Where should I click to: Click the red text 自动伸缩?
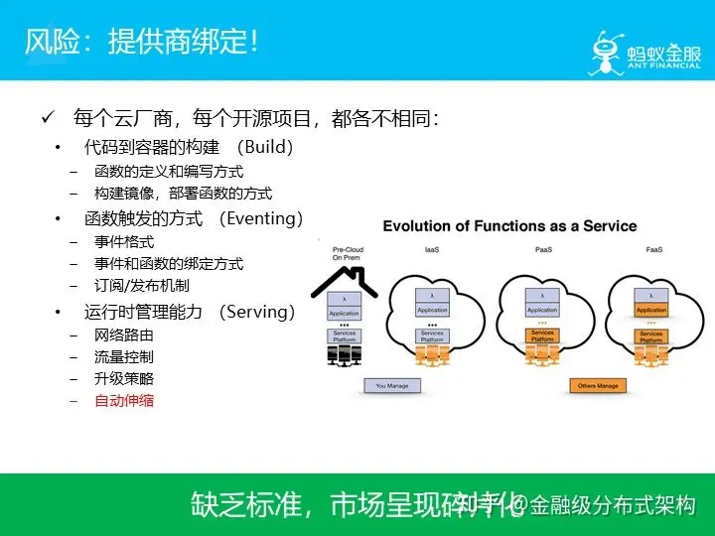[x=124, y=401]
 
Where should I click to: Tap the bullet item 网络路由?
[x=124, y=335]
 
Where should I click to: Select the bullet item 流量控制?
[x=124, y=356]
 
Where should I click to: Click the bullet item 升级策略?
[x=124, y=378]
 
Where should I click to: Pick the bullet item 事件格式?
[x=124, y=241]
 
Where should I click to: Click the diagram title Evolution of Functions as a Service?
[x=509, y=225]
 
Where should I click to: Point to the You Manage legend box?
[x=392, y=384]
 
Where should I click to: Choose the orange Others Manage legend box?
[x=600, y=384]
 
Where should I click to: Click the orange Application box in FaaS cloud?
[x=651, y=310]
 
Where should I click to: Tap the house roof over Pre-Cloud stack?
[x=344, y=281]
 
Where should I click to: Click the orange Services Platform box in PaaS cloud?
[x=542, y=335]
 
